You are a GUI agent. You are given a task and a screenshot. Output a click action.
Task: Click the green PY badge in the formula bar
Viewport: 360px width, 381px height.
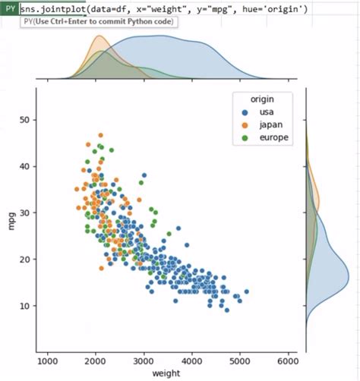pos(9,8)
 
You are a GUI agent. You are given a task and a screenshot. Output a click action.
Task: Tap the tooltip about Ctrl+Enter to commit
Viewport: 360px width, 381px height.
pos(98,21)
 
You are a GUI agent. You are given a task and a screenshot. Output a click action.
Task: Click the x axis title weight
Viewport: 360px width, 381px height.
pos(166,375)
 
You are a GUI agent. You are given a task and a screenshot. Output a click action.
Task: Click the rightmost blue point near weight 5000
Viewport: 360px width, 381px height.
pos(246,291)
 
